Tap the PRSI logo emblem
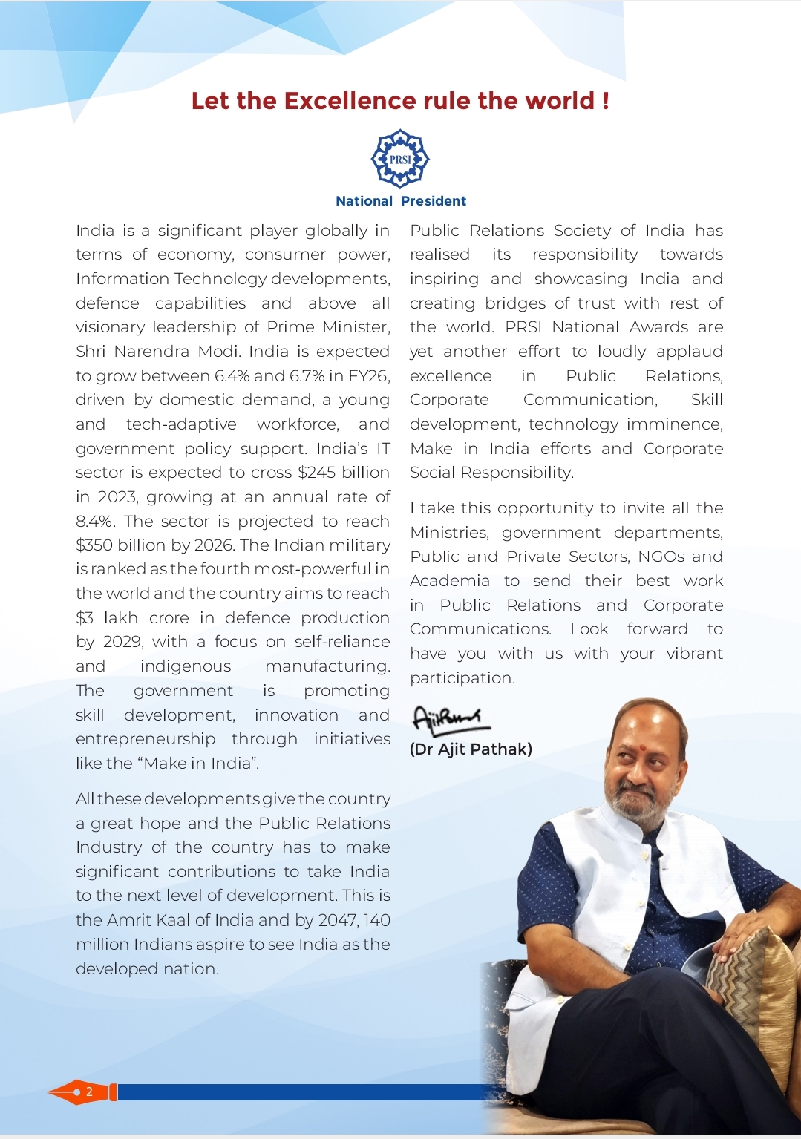(400, 158)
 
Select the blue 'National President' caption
(401, 201)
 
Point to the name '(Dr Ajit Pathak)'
(471, 749)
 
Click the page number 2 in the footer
(89, 1092)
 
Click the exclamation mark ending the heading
(606, 101)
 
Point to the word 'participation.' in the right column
(462, 678)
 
